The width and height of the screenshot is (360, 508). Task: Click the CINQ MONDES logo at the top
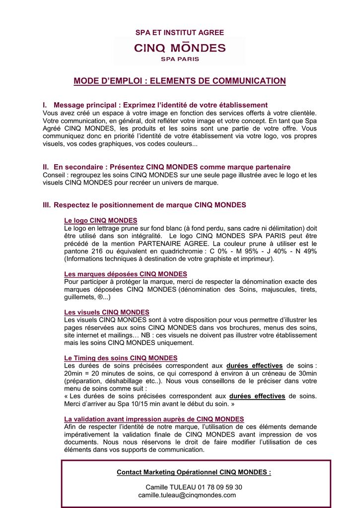[x=180, y=51]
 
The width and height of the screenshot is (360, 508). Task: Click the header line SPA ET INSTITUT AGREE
[x=180, y=33]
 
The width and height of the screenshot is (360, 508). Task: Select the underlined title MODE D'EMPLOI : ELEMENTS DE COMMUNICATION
[x=180, y=81]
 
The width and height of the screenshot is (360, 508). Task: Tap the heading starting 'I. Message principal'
[x=155, y=105]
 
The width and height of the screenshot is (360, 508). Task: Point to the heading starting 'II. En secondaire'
[x=167, y=167]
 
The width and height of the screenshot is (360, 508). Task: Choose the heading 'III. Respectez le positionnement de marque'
[x=144, y=205]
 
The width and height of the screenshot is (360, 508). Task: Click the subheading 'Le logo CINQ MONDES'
[x=101, y=220]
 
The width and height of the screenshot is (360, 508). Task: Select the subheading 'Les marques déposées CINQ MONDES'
[x=126, y=274]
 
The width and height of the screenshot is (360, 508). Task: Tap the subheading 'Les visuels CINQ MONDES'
[x=107, y=312]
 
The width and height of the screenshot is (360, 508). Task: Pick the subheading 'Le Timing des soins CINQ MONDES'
[x=121, y=358]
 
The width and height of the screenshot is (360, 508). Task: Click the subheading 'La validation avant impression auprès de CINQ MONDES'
[x=154, y=419]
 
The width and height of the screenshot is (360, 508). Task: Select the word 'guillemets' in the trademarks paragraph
[x=79, y=297]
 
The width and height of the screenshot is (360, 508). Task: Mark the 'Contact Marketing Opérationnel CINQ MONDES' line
[x=194, y=472]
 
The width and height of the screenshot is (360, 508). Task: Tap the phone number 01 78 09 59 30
[x=220, y=487]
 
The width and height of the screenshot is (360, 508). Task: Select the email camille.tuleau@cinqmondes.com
[x=187, y=495]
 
